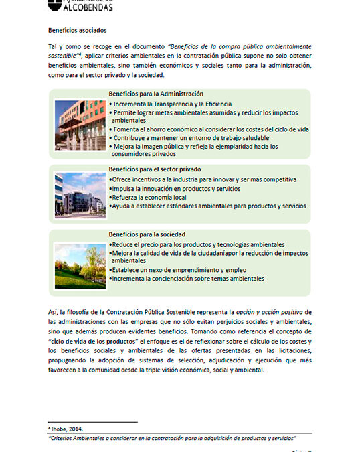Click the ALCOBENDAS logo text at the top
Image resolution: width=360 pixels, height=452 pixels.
pos(84,7)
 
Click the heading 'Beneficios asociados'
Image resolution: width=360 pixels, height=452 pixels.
pos(77,31)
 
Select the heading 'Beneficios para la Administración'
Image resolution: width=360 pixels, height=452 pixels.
pos(156,94)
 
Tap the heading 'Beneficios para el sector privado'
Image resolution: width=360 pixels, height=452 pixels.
pos(155,170)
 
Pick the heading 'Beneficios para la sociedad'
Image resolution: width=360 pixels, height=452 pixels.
pos(147,234)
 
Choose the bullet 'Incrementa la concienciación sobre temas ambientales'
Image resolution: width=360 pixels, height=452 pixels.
pos(187,278)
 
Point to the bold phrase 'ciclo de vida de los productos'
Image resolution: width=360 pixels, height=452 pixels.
pos(97,342)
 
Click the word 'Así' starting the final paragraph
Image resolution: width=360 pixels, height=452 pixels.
pos(54,313)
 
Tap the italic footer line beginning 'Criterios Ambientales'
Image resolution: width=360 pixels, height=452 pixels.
pos(173,437)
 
